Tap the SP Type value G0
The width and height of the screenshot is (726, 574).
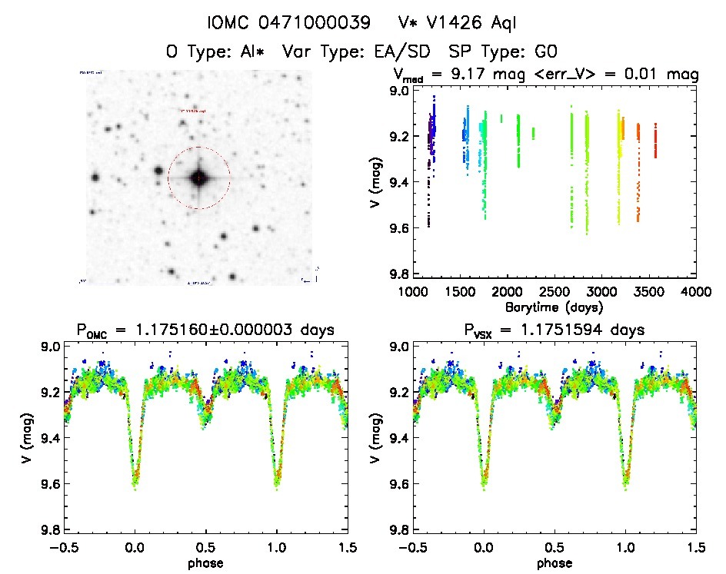tap(543, 51)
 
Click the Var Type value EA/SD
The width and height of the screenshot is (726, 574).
tap(394, 51)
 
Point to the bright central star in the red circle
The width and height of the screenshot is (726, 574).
tap(198, 178)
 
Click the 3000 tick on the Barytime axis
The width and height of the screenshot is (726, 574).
tap(601, 293)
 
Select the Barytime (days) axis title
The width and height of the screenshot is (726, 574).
tap(554, 307)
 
